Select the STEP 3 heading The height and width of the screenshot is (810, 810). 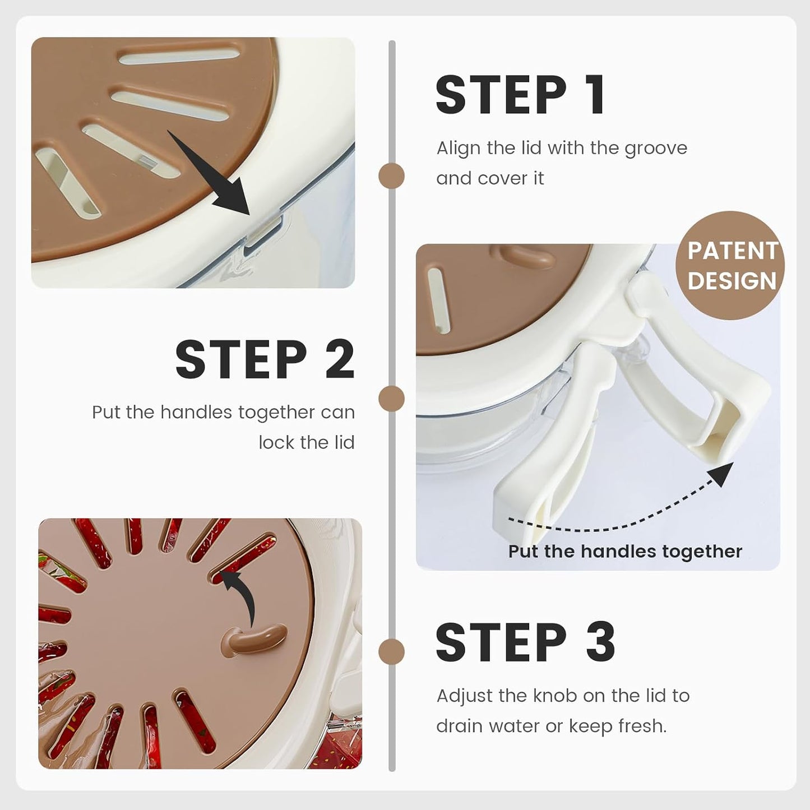[525, 642]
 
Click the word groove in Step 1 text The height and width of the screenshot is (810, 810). [656, 149]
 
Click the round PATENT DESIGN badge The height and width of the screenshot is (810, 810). [730, 266]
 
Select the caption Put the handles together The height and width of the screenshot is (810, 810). [625, 552]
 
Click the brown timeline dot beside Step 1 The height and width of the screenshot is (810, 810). [391, 175]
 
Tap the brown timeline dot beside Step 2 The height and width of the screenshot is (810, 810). [391, 398]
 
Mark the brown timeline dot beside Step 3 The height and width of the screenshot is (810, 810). [391, 652]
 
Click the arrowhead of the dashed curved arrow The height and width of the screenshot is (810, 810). [720, 474]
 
